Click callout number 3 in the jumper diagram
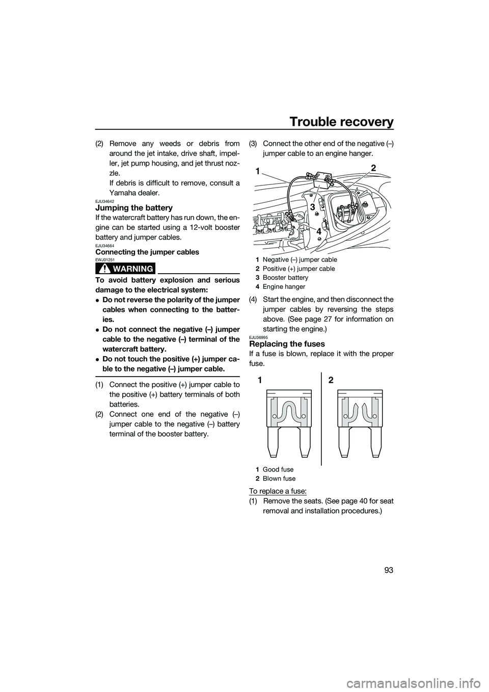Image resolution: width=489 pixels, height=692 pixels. (x=312, y=207)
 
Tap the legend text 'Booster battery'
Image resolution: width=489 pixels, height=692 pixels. (x=285, y=278)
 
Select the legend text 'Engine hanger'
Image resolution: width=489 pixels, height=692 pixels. (x=283, y=287)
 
